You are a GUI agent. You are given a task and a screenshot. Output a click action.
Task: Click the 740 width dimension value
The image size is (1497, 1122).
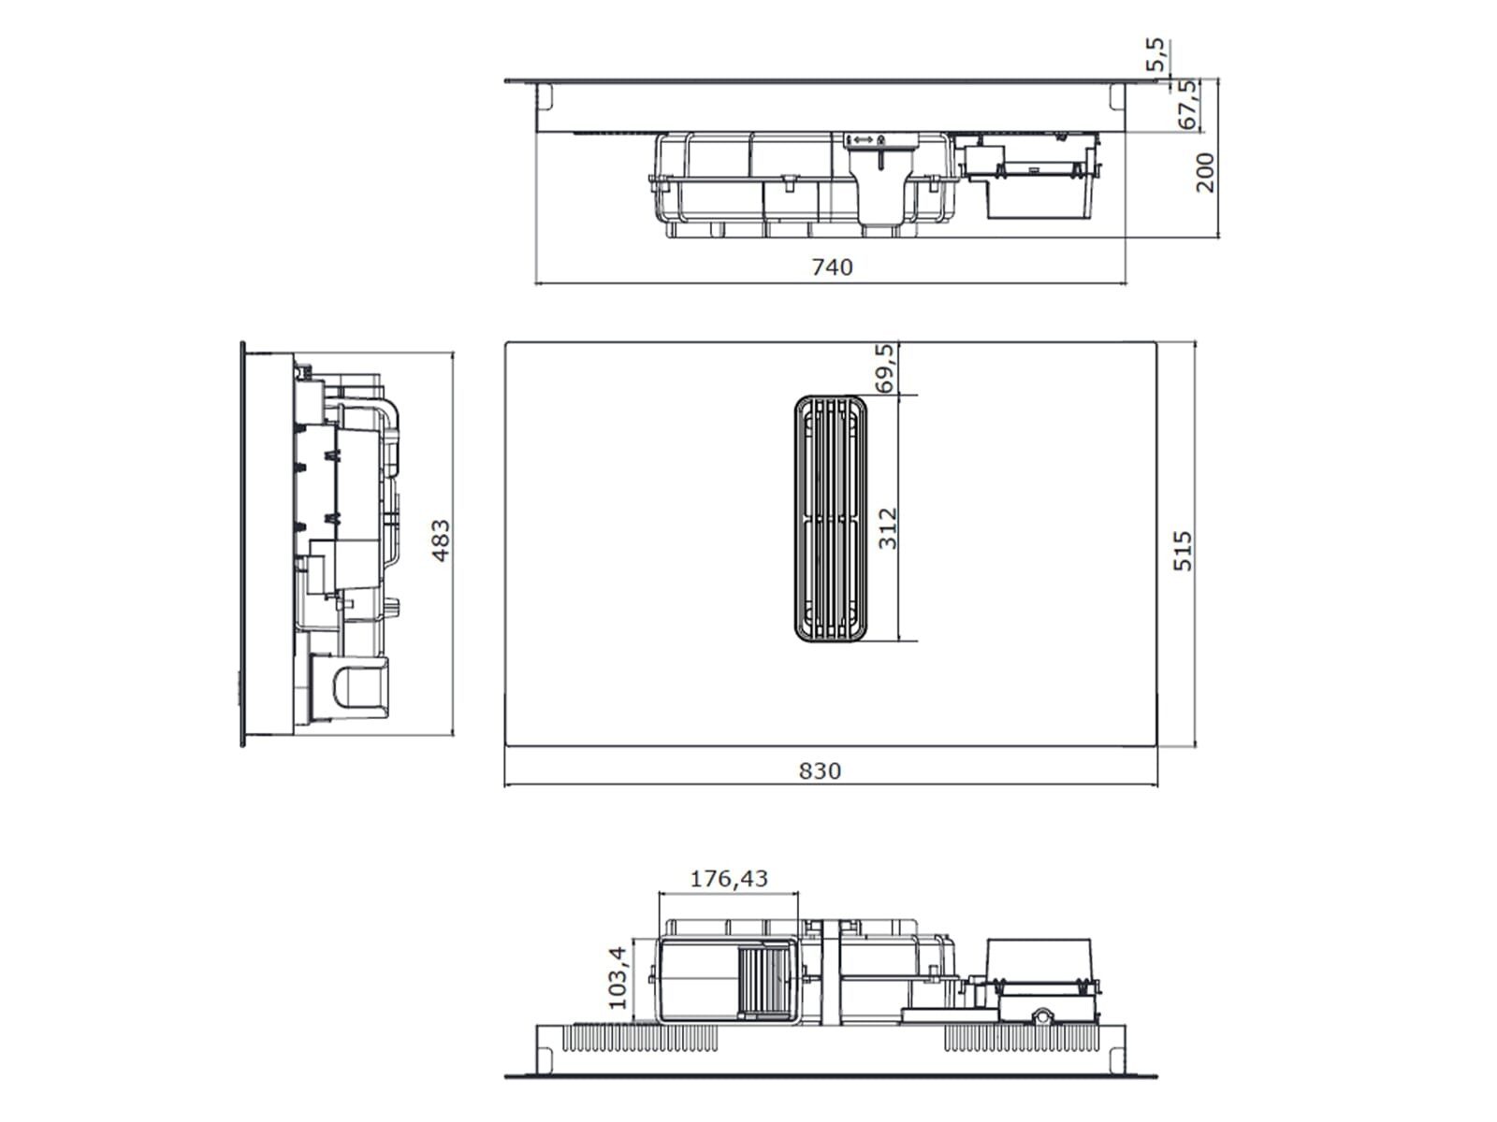click(832, 267)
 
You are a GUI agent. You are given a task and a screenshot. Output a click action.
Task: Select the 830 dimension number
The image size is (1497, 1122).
click(820, 771)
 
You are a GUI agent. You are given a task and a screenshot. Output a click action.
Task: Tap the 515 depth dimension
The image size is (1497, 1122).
click(1184, 551)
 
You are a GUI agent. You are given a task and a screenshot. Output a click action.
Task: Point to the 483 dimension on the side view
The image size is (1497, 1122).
click(442, 540)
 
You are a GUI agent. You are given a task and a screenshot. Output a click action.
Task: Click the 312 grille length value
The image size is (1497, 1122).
click(888, 528)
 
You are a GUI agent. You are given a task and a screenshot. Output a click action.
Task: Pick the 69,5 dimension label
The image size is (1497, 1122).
click(884, 367)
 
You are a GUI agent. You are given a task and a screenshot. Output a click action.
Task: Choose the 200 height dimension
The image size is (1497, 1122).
click(1205, 172)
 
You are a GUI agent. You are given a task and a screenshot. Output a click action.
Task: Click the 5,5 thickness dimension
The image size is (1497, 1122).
click(1155, 54)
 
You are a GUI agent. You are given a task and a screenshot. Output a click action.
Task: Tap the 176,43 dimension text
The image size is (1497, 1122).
click(729, 879)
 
